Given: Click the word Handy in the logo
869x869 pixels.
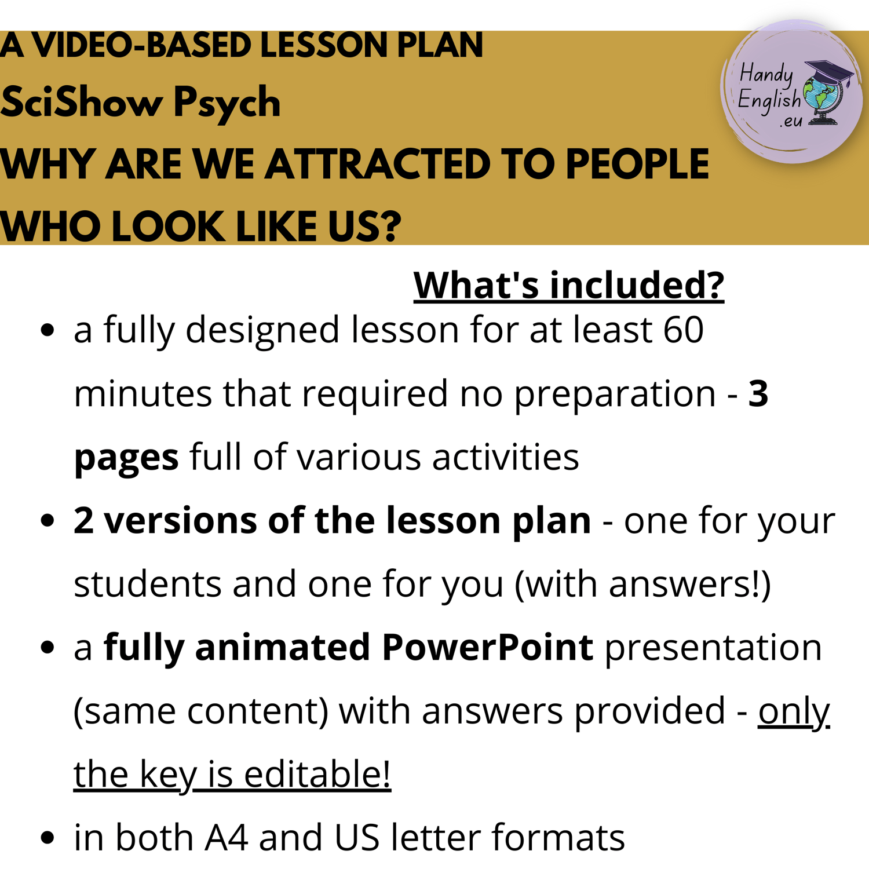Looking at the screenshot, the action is (x=766, y=74).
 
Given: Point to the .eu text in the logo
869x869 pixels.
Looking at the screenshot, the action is (x=791, y=121).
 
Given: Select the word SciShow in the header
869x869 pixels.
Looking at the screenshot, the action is (x=82, y=102).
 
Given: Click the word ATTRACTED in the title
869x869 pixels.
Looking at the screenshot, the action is (x=377, y=165).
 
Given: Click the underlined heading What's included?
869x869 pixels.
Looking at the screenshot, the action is (x=569, y=285).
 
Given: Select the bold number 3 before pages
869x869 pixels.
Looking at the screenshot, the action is (x=758, y=393).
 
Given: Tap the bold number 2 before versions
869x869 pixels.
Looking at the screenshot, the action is (x=83, y=520).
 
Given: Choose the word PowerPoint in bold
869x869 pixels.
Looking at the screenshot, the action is (x=487, y=647).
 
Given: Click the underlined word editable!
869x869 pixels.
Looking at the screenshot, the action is (x=317, y=773).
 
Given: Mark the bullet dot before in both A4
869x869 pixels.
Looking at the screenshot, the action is (x=48, y=837).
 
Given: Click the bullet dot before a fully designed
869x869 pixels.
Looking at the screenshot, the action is (x=48, y=330).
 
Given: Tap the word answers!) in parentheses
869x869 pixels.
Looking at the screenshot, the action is (x=689, y=584).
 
